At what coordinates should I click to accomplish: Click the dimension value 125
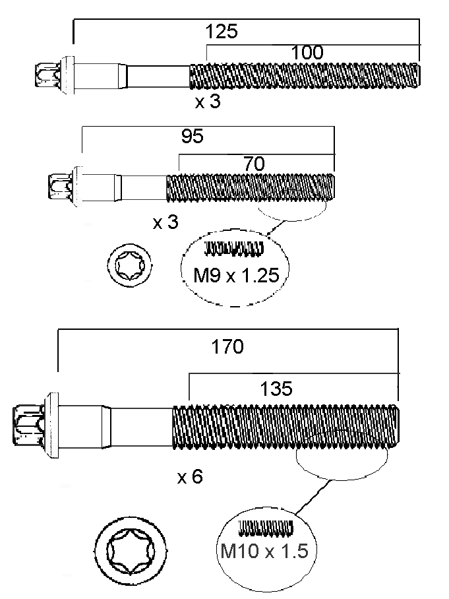(x=221, y=32)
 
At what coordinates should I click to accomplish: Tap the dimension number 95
(x=192, y=137)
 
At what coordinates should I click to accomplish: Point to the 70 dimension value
(x=254, y=164)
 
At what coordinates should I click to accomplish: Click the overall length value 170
(x=227, y=346)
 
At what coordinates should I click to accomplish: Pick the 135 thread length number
(x=276, y=389)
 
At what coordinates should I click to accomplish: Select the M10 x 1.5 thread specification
(x=264, y=550)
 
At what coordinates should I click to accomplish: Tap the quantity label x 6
(x=190, y=477)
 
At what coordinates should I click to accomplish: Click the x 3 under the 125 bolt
(x=208, y=102)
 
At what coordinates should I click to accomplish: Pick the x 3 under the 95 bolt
(x=165, y=222)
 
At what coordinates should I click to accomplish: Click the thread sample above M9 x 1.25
(x=235, y=248)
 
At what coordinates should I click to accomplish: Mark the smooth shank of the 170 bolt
(x=138, y=422)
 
